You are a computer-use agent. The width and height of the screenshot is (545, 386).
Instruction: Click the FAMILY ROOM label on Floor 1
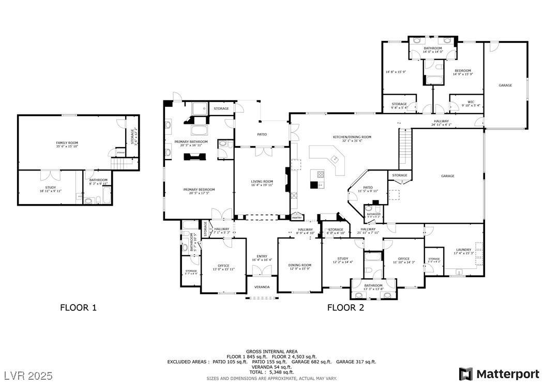point(67,142)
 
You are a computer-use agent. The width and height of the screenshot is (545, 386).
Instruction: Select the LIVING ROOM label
point(262,181)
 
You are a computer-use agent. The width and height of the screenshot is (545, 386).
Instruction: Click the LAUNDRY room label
point(463,250)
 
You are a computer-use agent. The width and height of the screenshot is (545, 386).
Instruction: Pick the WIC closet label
point(471,102)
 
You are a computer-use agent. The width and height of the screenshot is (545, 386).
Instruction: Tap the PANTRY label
point(297,218)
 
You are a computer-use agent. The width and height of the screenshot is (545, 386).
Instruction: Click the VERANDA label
point(262,287)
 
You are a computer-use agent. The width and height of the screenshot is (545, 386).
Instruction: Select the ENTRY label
point(262,256)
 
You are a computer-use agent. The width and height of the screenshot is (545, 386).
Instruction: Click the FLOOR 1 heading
point(78,307)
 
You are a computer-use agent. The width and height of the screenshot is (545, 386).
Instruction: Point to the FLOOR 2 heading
point(345,307)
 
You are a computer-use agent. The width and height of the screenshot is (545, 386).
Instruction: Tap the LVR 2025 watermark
point(30,374)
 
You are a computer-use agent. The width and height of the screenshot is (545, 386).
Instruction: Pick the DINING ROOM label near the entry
point(299,265)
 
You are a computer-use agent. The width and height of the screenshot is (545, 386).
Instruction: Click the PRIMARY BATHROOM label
point(190,142)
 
